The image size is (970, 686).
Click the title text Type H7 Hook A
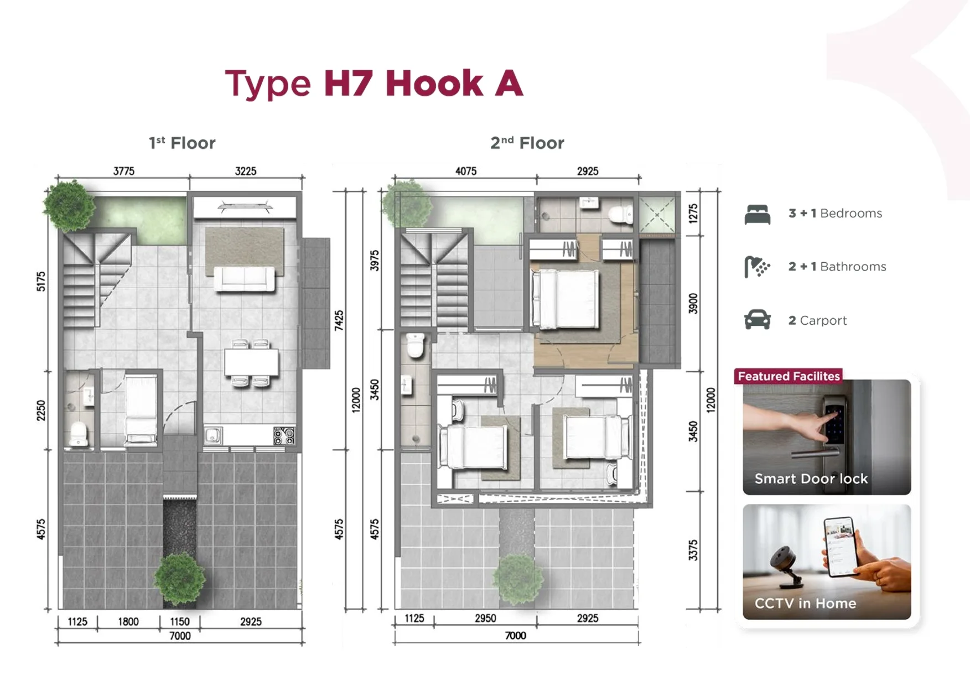374,84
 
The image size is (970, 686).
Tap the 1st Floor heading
182,143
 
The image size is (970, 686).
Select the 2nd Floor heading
527,143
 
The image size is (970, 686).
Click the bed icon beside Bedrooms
758,214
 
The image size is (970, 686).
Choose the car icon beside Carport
758,320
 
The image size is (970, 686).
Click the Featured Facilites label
789,376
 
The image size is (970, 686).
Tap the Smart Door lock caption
811,479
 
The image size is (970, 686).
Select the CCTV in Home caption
805,603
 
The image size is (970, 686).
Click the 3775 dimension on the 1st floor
124,171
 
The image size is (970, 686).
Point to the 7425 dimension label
339,320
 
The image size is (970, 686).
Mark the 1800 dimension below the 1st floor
128,621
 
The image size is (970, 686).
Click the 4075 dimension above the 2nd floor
466,171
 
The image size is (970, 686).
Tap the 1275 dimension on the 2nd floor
693,213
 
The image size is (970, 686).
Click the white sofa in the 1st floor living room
245,279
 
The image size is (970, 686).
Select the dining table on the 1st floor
252,362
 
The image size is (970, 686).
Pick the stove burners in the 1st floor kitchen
284,435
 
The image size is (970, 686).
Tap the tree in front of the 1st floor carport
179,579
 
